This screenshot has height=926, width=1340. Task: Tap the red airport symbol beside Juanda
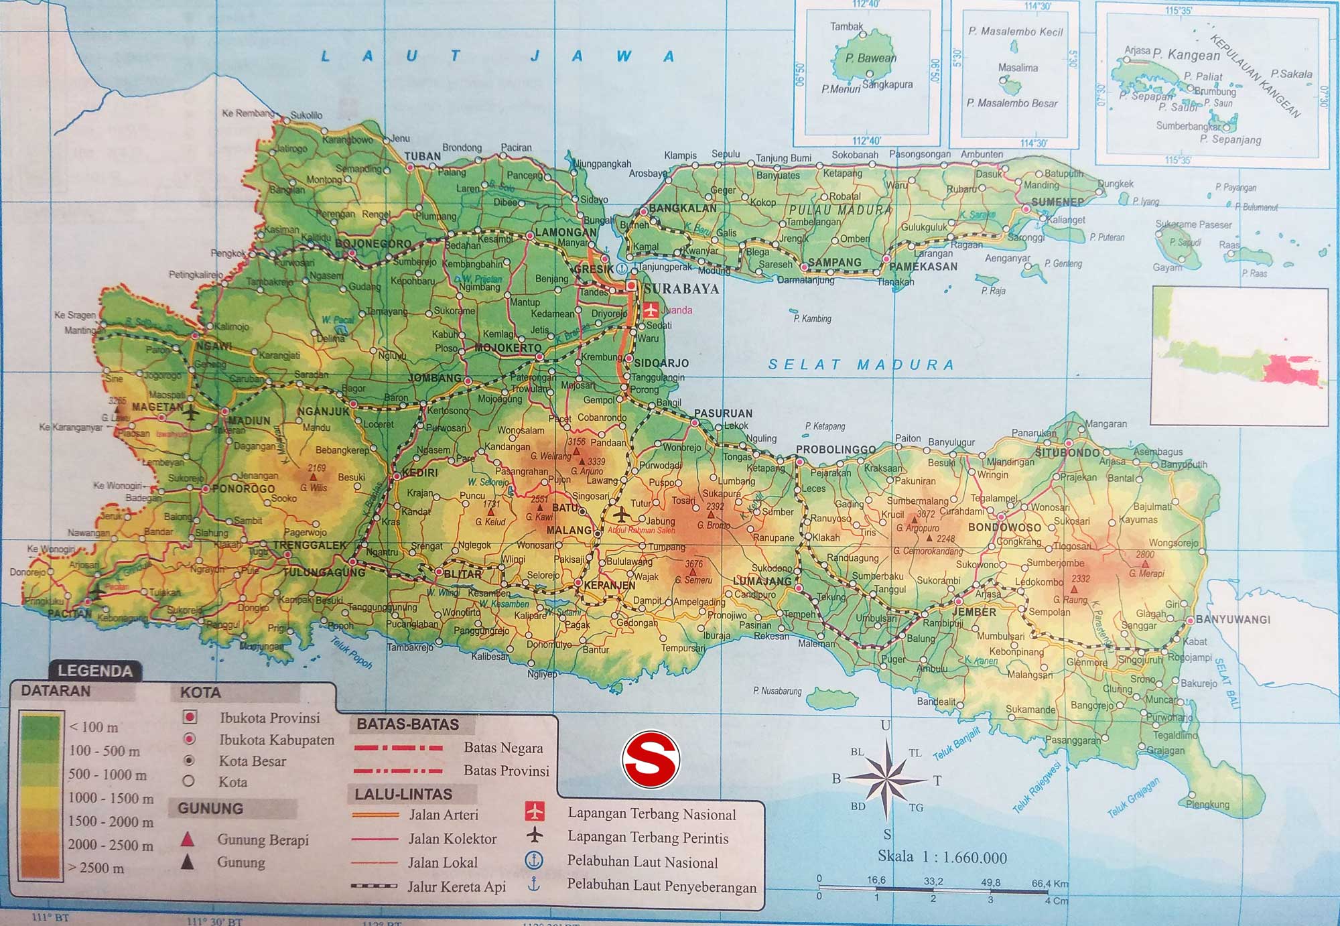coord(651,310)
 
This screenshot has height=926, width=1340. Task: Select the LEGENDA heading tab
coord(94,671)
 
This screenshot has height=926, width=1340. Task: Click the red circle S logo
coord(651,760)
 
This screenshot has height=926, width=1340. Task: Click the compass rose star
coord(886,779)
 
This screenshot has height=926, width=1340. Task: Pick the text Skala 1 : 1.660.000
coord(942,857)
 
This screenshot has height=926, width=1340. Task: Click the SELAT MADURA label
coord(860,365)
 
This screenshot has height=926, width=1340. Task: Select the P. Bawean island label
coord(870,58)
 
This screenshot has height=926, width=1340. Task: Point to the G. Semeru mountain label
coord(694,580)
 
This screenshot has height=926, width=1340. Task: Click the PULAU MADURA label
coord(840,210)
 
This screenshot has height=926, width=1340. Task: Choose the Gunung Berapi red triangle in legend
coord(188,839)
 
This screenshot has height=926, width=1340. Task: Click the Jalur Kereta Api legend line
coord(375,886)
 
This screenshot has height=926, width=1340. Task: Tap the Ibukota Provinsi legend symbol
coord(190,717)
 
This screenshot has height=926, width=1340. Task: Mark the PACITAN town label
coord(69,613)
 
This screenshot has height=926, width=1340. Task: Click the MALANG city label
coord(569,531)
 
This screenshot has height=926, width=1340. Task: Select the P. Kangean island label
coord(1186,55)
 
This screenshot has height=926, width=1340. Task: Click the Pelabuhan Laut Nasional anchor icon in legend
coord(533,860)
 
